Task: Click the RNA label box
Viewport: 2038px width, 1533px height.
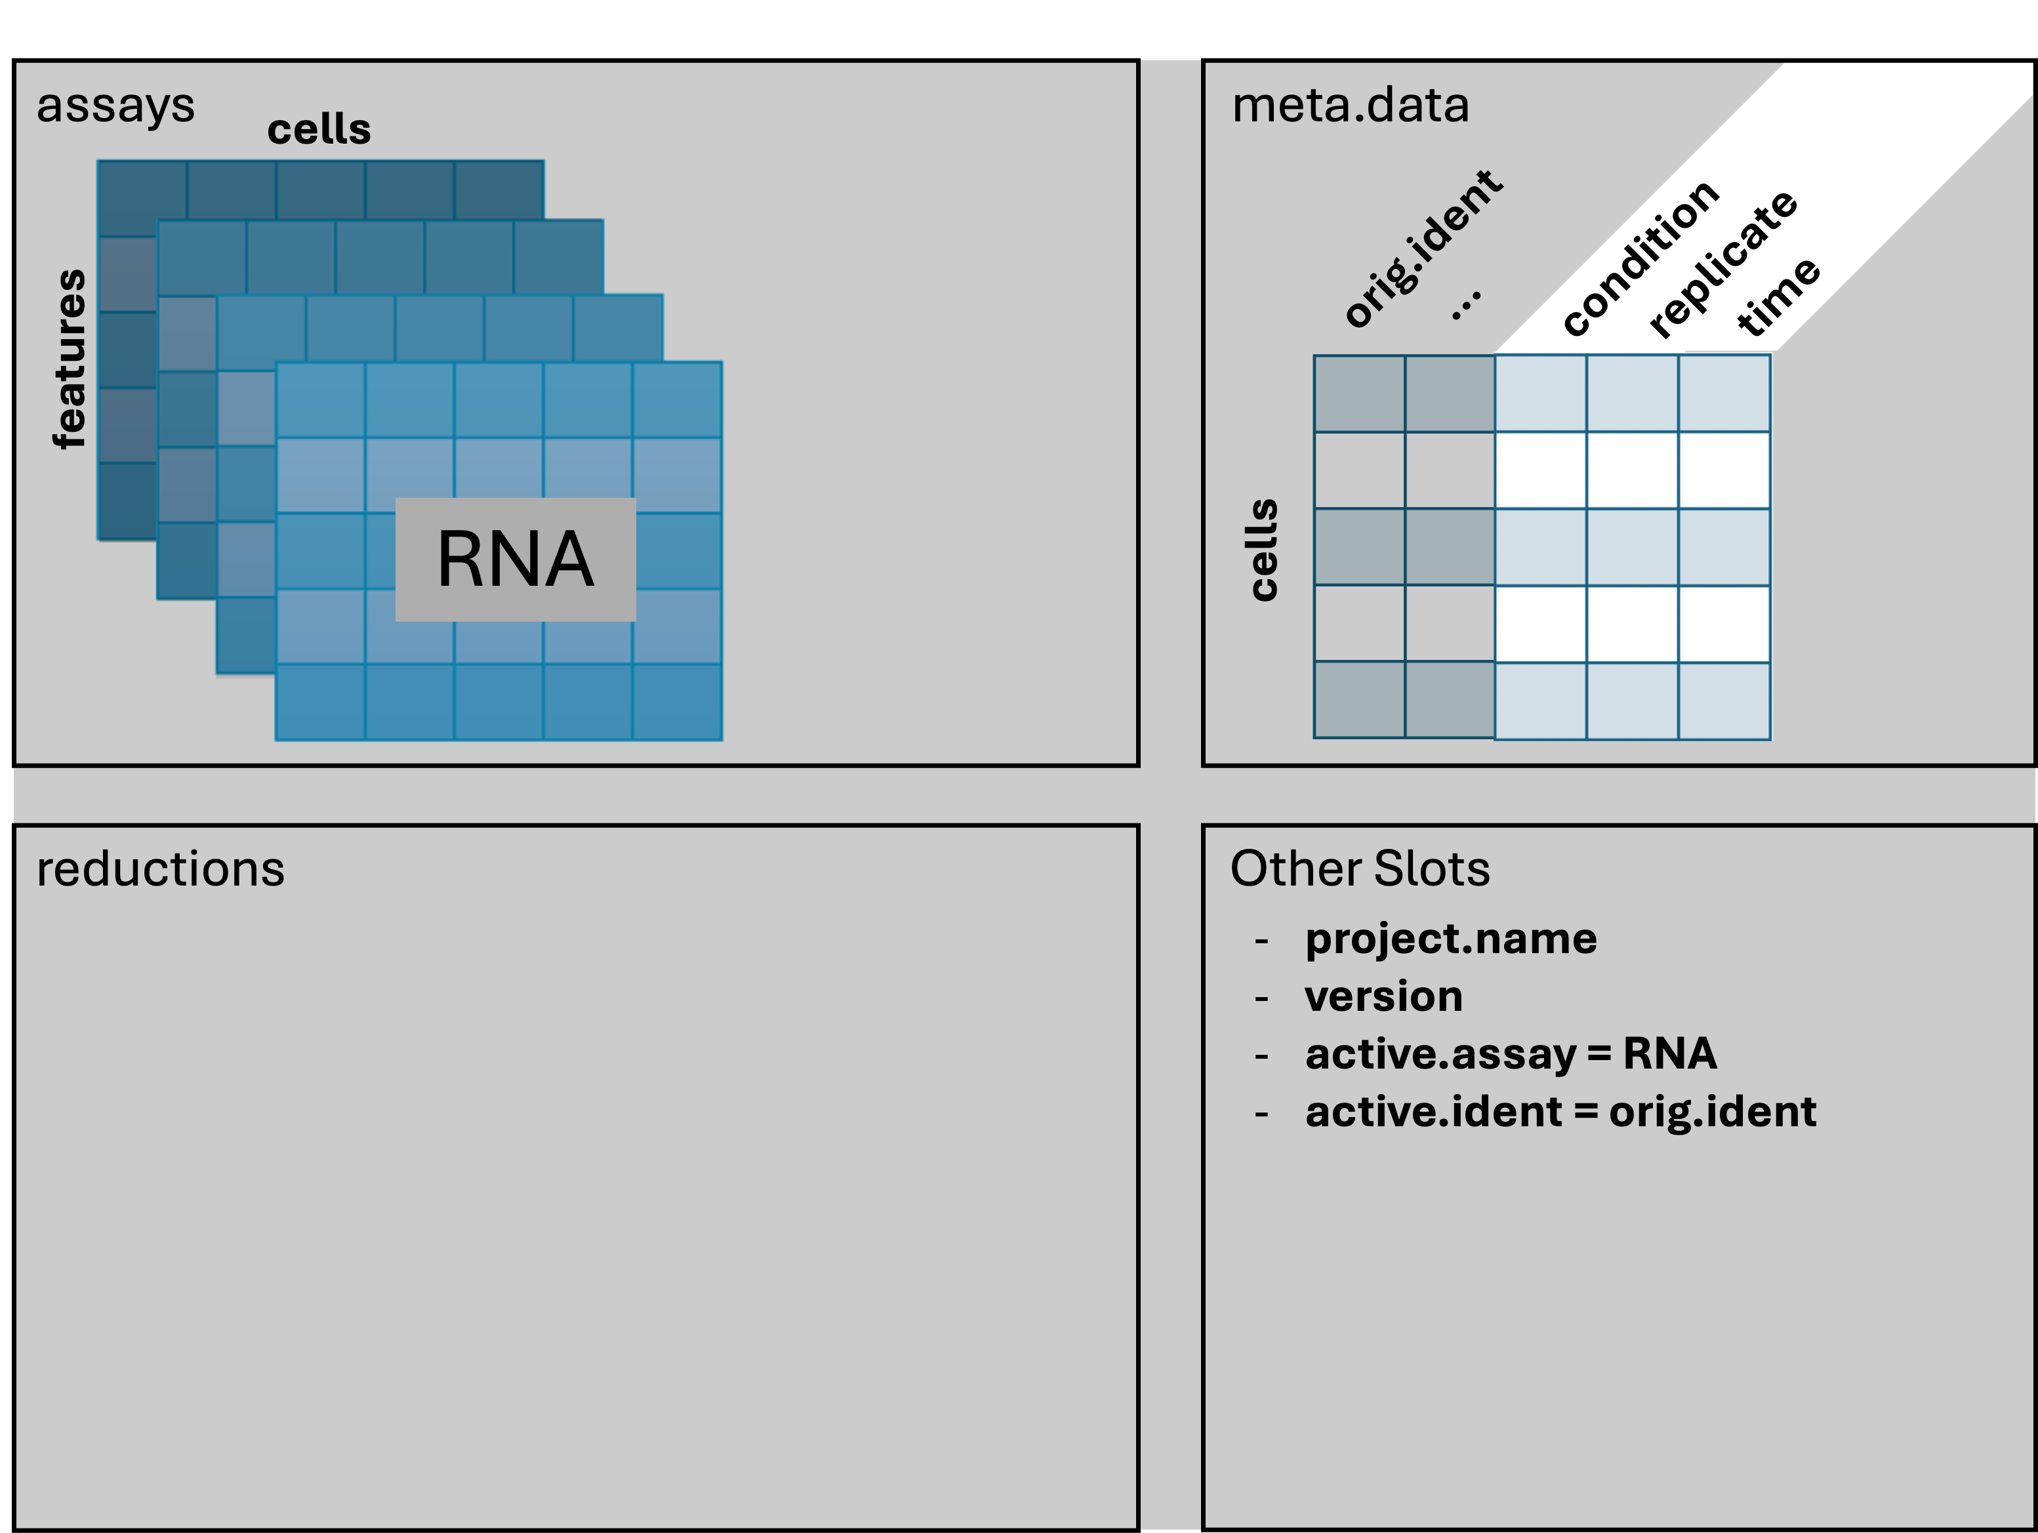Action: click(515, 559)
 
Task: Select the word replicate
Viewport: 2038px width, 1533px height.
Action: click(1722, 264)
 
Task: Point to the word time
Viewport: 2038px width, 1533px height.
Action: click(1778, 296)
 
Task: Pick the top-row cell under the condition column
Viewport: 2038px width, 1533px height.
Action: click(1539, 394)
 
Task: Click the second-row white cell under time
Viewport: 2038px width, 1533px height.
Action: click(1724, 470)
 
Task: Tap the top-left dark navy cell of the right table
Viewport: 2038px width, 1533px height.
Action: click(1359, 394)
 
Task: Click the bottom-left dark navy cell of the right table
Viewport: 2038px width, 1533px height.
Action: click(1359, 700)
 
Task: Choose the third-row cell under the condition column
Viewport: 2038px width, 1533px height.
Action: click(1539, 547)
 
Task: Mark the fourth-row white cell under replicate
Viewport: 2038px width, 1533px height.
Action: click(1632, 624)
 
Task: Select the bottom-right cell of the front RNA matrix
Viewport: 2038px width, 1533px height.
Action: click(677, 701)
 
